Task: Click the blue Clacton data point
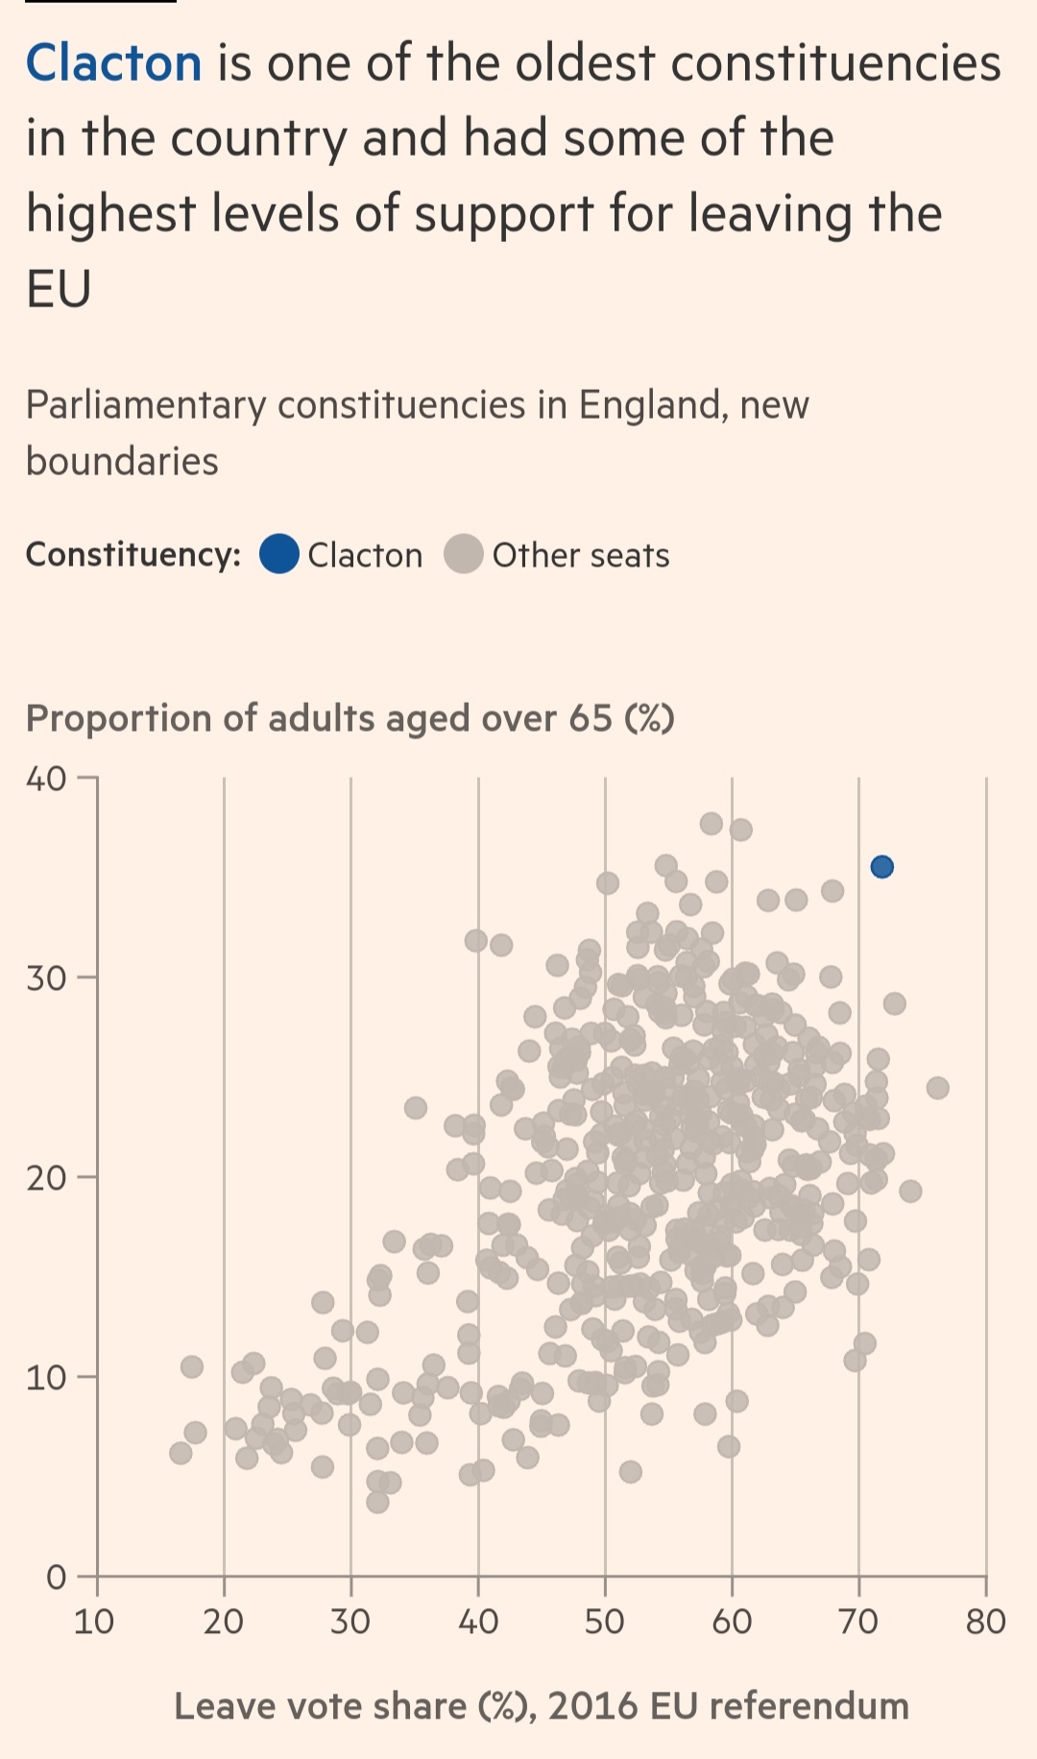(x=881, y=867)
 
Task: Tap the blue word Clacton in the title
(x=113, y=64)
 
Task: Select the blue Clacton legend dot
(x=279, y=554)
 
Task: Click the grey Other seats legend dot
(x=464, y=554)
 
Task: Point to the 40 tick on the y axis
(x=46, y=779)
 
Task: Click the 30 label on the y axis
(x=46, y=978)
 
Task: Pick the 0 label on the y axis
(x=57, y=1577)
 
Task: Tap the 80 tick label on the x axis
(x=985, y=1622)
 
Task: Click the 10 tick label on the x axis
(x=94, y=1622)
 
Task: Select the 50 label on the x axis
(x=605, y=1622)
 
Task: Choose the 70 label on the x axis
(x=858, y=1622)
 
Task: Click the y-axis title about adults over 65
(x=350, y=718)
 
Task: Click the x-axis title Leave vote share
(x=542, y=1706)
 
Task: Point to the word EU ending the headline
(x=59, y=289)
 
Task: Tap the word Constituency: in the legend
(x=133, y=555)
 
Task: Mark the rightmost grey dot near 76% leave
(x=938, y=1088)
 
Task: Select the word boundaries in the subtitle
(x=122, y=462)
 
